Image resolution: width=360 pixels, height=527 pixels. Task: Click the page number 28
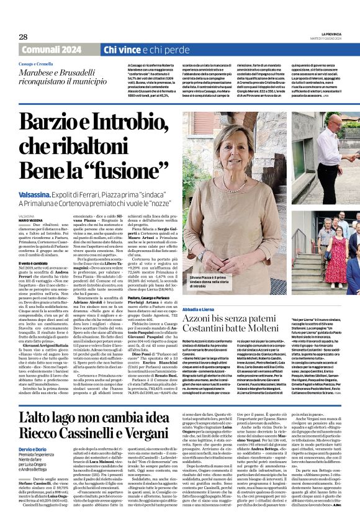click(24, 37)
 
